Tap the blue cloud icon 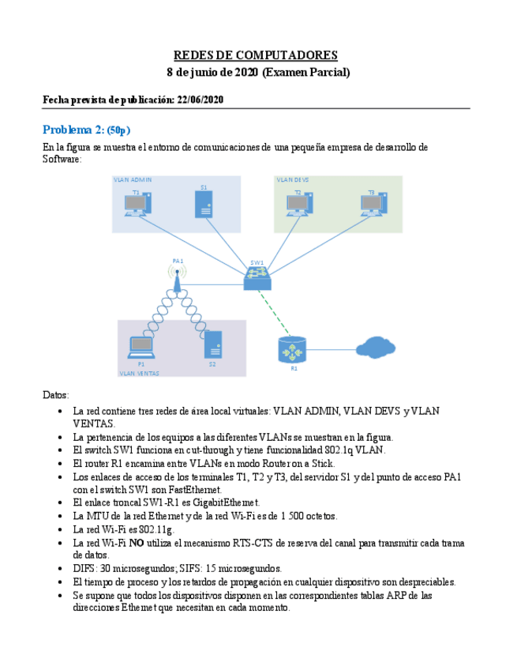pos(375,347)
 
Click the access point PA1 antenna pos(178,277)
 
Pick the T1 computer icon pos(137,205)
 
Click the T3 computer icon pos(373,205)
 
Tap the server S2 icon pos(212,345)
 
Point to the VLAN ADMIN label pos(133,180)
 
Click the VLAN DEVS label pos(293,180)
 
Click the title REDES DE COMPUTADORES pos(255,55)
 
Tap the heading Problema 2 pos(86,130)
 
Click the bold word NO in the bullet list pos(137,544)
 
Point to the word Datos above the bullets pos(55,394)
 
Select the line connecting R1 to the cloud pos(332,348)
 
